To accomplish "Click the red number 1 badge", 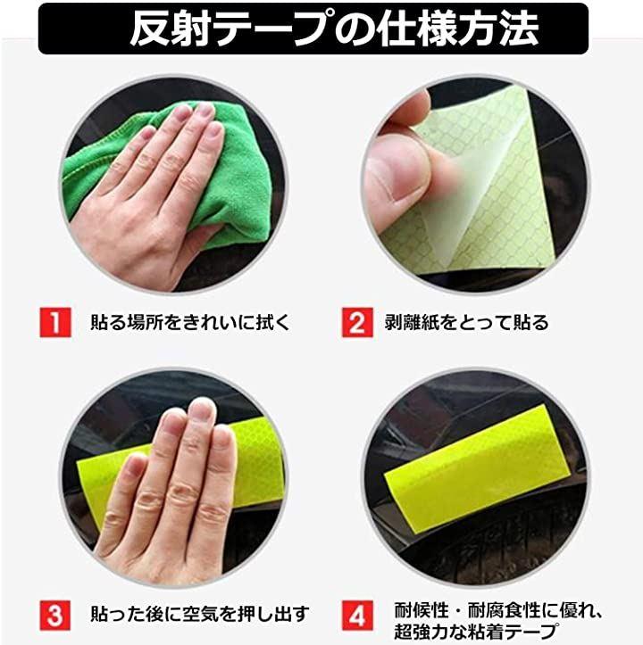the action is point(55,322).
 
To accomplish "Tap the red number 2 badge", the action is point(357,322).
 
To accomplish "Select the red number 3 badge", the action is point(55,616).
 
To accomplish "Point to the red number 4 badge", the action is point(357,616).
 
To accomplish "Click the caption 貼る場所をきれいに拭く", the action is point(190,322).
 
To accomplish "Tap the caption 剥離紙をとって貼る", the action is point(466,322).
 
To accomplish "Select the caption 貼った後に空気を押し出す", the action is point(200,614).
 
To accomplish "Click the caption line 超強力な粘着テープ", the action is point(476,632).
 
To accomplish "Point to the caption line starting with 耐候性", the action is point(497,610).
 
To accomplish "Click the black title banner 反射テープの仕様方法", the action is point(313,29).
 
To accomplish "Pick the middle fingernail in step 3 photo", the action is point(202,410).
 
